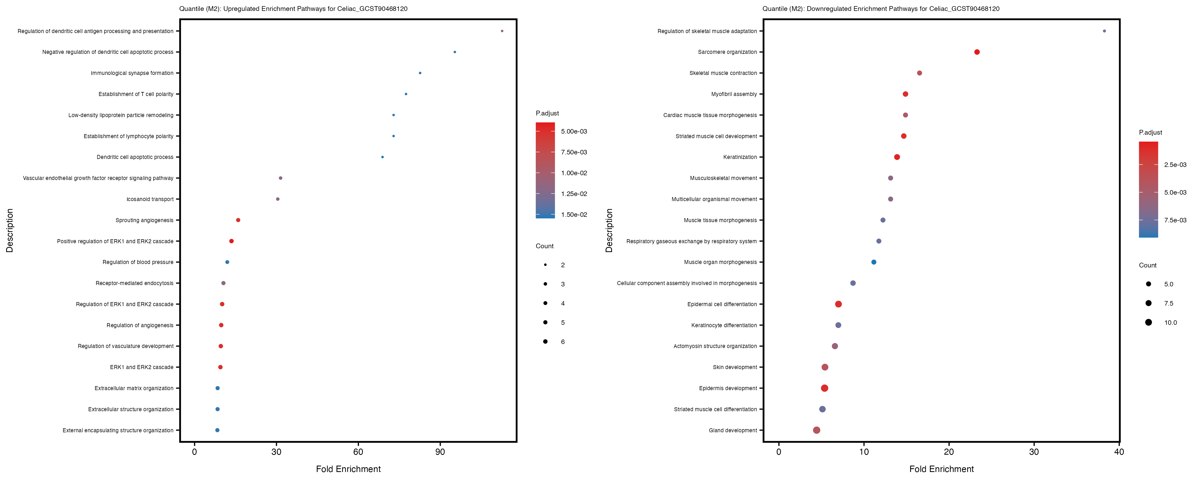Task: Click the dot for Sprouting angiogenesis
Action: [x=238, y=220]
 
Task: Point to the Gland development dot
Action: [x=816, y=430]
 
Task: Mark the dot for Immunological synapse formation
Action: [x=420, y=73]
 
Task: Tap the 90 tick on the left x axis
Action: [x=440, y=451]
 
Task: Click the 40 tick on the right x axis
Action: [x=1119, y=451]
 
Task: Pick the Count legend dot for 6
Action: [x=545, y=342]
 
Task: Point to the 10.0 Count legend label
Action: [x=1170, y=322]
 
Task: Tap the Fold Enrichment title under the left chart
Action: [x=348, y=469]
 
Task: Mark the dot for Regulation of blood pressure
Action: [x=227, y=262]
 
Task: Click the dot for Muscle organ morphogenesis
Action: [x=874, y=262]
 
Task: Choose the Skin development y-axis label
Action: [x=735, y=367]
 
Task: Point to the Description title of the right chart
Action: [x=609, y=230]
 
